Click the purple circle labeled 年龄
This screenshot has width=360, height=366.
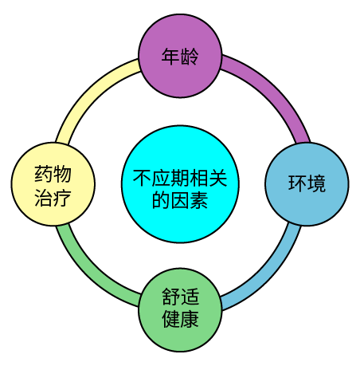180,56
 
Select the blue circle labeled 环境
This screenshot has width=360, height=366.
307,184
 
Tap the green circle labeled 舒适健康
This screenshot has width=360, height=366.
180,310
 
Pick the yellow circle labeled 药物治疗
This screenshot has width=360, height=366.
53,184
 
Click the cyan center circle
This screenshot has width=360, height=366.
180,184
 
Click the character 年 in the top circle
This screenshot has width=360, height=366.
170,57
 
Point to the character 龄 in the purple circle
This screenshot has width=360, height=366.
190,57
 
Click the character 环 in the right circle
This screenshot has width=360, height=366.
297,183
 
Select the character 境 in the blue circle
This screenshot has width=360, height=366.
316,183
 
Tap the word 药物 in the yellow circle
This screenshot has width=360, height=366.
53,174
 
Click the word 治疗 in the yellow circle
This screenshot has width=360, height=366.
53,198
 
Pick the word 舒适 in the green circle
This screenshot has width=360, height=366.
180,297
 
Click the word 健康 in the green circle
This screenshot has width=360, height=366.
180,319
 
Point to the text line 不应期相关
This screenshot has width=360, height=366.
180,178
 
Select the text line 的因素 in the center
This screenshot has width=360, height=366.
180,200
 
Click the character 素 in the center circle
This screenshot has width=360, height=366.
199,200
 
